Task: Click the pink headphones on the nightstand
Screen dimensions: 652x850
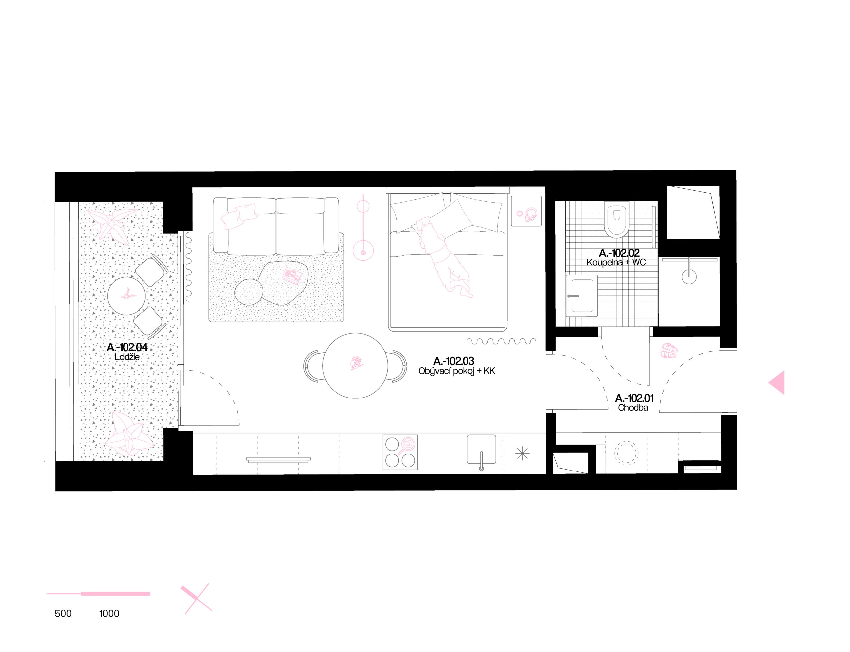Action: (531, 215)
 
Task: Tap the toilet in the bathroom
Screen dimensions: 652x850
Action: (616, 219)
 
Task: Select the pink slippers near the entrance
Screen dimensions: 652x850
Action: (669, 351)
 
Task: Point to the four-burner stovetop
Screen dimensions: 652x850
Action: (400, 452)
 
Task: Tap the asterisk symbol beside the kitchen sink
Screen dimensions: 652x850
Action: (522, 453)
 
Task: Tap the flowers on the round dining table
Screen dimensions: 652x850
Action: (356, 363)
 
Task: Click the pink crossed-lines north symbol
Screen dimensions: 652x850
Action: (197, 599)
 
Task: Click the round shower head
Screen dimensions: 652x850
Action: (689, 277)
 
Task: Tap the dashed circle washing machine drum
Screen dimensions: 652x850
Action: (626, 453)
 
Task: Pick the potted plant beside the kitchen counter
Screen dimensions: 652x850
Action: (128, 435)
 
